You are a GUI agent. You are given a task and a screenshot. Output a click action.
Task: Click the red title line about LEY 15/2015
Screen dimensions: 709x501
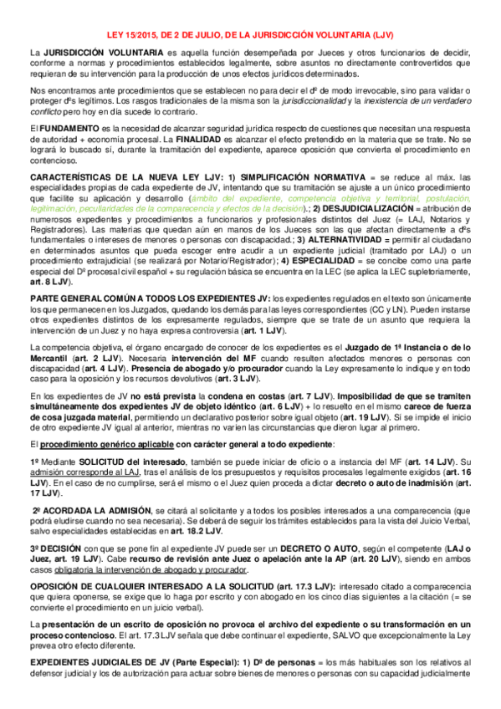point(250,35)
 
